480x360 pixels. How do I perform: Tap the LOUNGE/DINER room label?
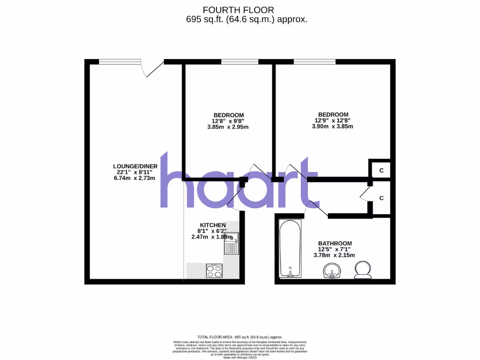tap(135, 166)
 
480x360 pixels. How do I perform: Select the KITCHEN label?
tap(213, 225)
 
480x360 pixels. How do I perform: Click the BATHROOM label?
tap(335, 243)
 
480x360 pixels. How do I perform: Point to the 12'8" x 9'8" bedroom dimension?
tap(229, 121)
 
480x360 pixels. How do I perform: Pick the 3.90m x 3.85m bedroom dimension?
tap(333, 127)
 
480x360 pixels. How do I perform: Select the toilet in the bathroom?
tap(362, 270)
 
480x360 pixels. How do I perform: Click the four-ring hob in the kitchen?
tap(215, 271)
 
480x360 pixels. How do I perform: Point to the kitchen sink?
tap(232, 243)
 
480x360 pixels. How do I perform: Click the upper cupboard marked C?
tap(381, 170)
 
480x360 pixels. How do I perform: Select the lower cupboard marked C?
tap(381, 198)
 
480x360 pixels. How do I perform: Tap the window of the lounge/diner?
tap(120, 61)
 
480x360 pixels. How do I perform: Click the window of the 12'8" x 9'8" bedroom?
tap(240, 61)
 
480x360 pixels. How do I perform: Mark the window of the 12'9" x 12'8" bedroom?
tap(315, 61)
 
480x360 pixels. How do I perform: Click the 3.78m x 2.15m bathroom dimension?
tap(334, 255)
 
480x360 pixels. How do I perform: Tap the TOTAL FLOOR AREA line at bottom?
tap(240, 337)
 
